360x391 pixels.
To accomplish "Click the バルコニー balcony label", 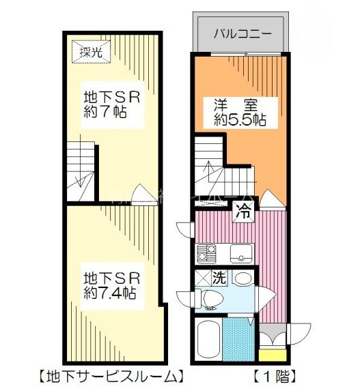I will pos(243,33).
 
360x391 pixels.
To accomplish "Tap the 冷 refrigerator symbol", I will pos(244,211).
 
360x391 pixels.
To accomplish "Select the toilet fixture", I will pos(209,298).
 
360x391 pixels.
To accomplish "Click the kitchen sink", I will pos(240,255).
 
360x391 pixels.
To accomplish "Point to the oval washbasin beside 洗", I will pos(243,278).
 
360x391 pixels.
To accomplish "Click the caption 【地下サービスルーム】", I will pos(110,376).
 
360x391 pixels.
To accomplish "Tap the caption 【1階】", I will pos(273,376).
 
